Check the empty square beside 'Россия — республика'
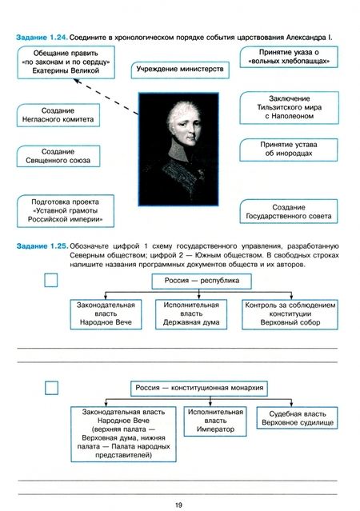tap(52, 281)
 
